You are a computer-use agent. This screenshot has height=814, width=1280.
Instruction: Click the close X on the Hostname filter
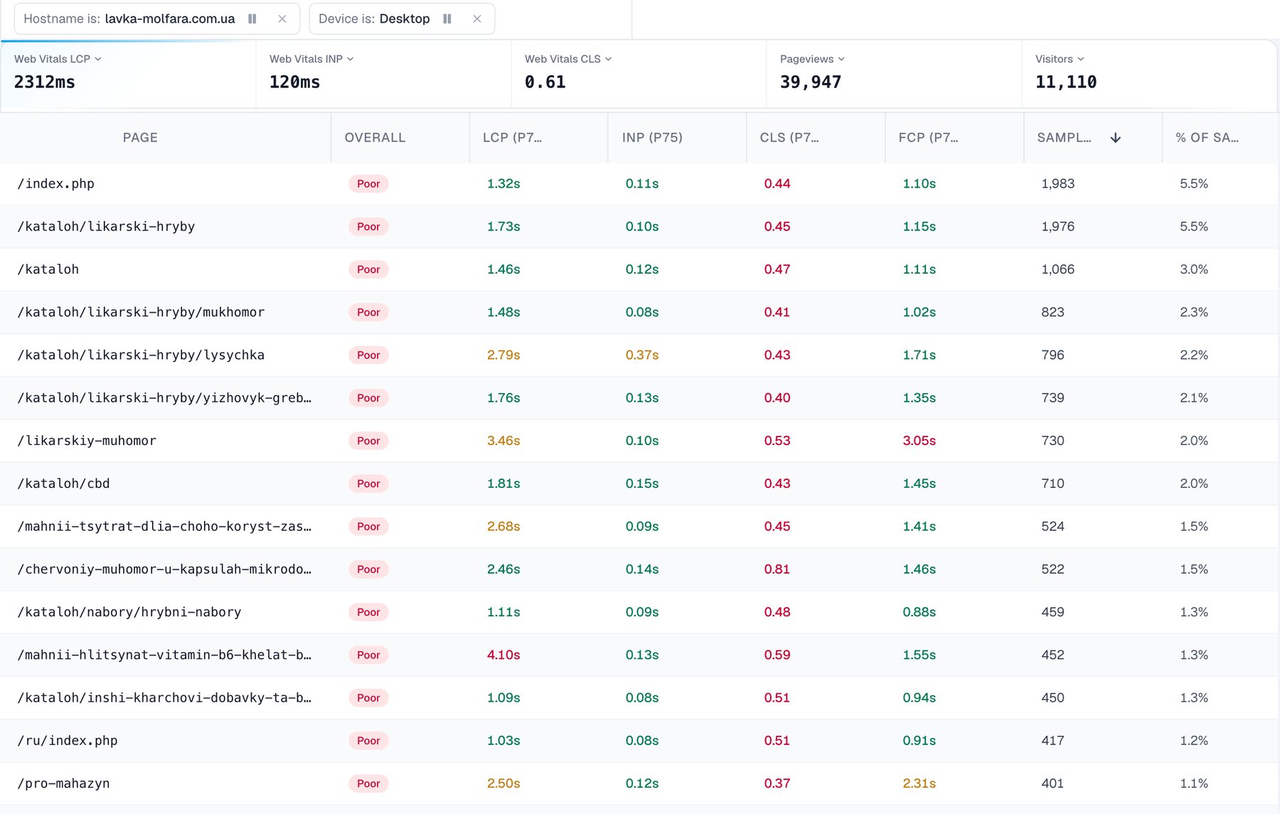[x=282, y=18]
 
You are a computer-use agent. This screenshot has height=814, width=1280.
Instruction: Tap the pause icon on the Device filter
[x=447, y=18]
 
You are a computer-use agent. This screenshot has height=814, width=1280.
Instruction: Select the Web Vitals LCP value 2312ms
[x=45, y=82]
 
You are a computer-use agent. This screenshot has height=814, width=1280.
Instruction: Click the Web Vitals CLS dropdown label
[x=568, y=59]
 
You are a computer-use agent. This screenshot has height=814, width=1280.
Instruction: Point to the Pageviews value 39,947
[x=811, y=82]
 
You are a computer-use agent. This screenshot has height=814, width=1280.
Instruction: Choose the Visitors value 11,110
[x=1066, y=82]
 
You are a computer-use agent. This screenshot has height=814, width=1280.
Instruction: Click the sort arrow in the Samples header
[x=1116, y=138]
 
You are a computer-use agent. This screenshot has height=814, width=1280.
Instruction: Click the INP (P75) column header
[x=652, y=138]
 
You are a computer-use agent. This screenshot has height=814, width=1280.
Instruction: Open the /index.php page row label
[x=56, y=184]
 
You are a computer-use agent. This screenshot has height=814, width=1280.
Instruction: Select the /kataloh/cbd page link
[x=64, y=483]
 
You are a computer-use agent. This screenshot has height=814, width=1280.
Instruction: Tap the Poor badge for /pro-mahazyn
[x=368, y=783]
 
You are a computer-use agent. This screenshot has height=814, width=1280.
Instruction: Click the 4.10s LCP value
[x=503, y=655]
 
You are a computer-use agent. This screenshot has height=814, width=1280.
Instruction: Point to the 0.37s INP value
[x=642, y=355]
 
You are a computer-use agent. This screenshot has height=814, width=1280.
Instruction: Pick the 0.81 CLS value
[x=777, y=569]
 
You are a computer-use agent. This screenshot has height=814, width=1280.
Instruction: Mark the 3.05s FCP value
[x=919, y=441]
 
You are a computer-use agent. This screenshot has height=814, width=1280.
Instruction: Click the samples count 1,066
[x=1058, y=269]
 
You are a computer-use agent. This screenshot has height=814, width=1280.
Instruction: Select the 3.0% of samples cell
[x=1194, y=269]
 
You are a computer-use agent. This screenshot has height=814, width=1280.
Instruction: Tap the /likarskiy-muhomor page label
[x=87, y=441]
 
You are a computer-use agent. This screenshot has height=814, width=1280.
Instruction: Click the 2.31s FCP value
[x=919, y=783]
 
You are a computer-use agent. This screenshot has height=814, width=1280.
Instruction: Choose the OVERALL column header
[x=375, y=138]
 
